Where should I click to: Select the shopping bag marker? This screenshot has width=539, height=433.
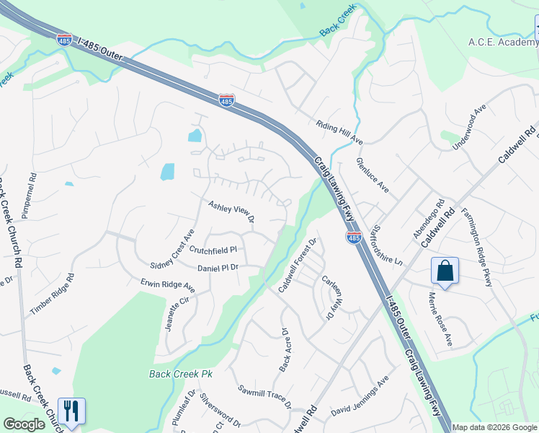pyautogui.click(x=445, y=271)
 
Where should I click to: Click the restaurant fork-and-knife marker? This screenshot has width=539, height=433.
pyautogui.click(x=71, y=411)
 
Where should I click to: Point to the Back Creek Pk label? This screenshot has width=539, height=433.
pyautogui.click(x=182, y=374)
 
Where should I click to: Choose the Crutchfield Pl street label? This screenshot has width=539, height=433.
pyautogui.click(x=213, y=250)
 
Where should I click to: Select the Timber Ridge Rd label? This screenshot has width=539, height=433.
pyautogui.click(x=52, y=294)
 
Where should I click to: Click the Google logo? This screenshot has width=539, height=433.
pyautogui.click(x=24, y=424)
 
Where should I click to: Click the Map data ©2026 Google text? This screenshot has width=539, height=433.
pyautogui.click(x=494, y=427)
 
